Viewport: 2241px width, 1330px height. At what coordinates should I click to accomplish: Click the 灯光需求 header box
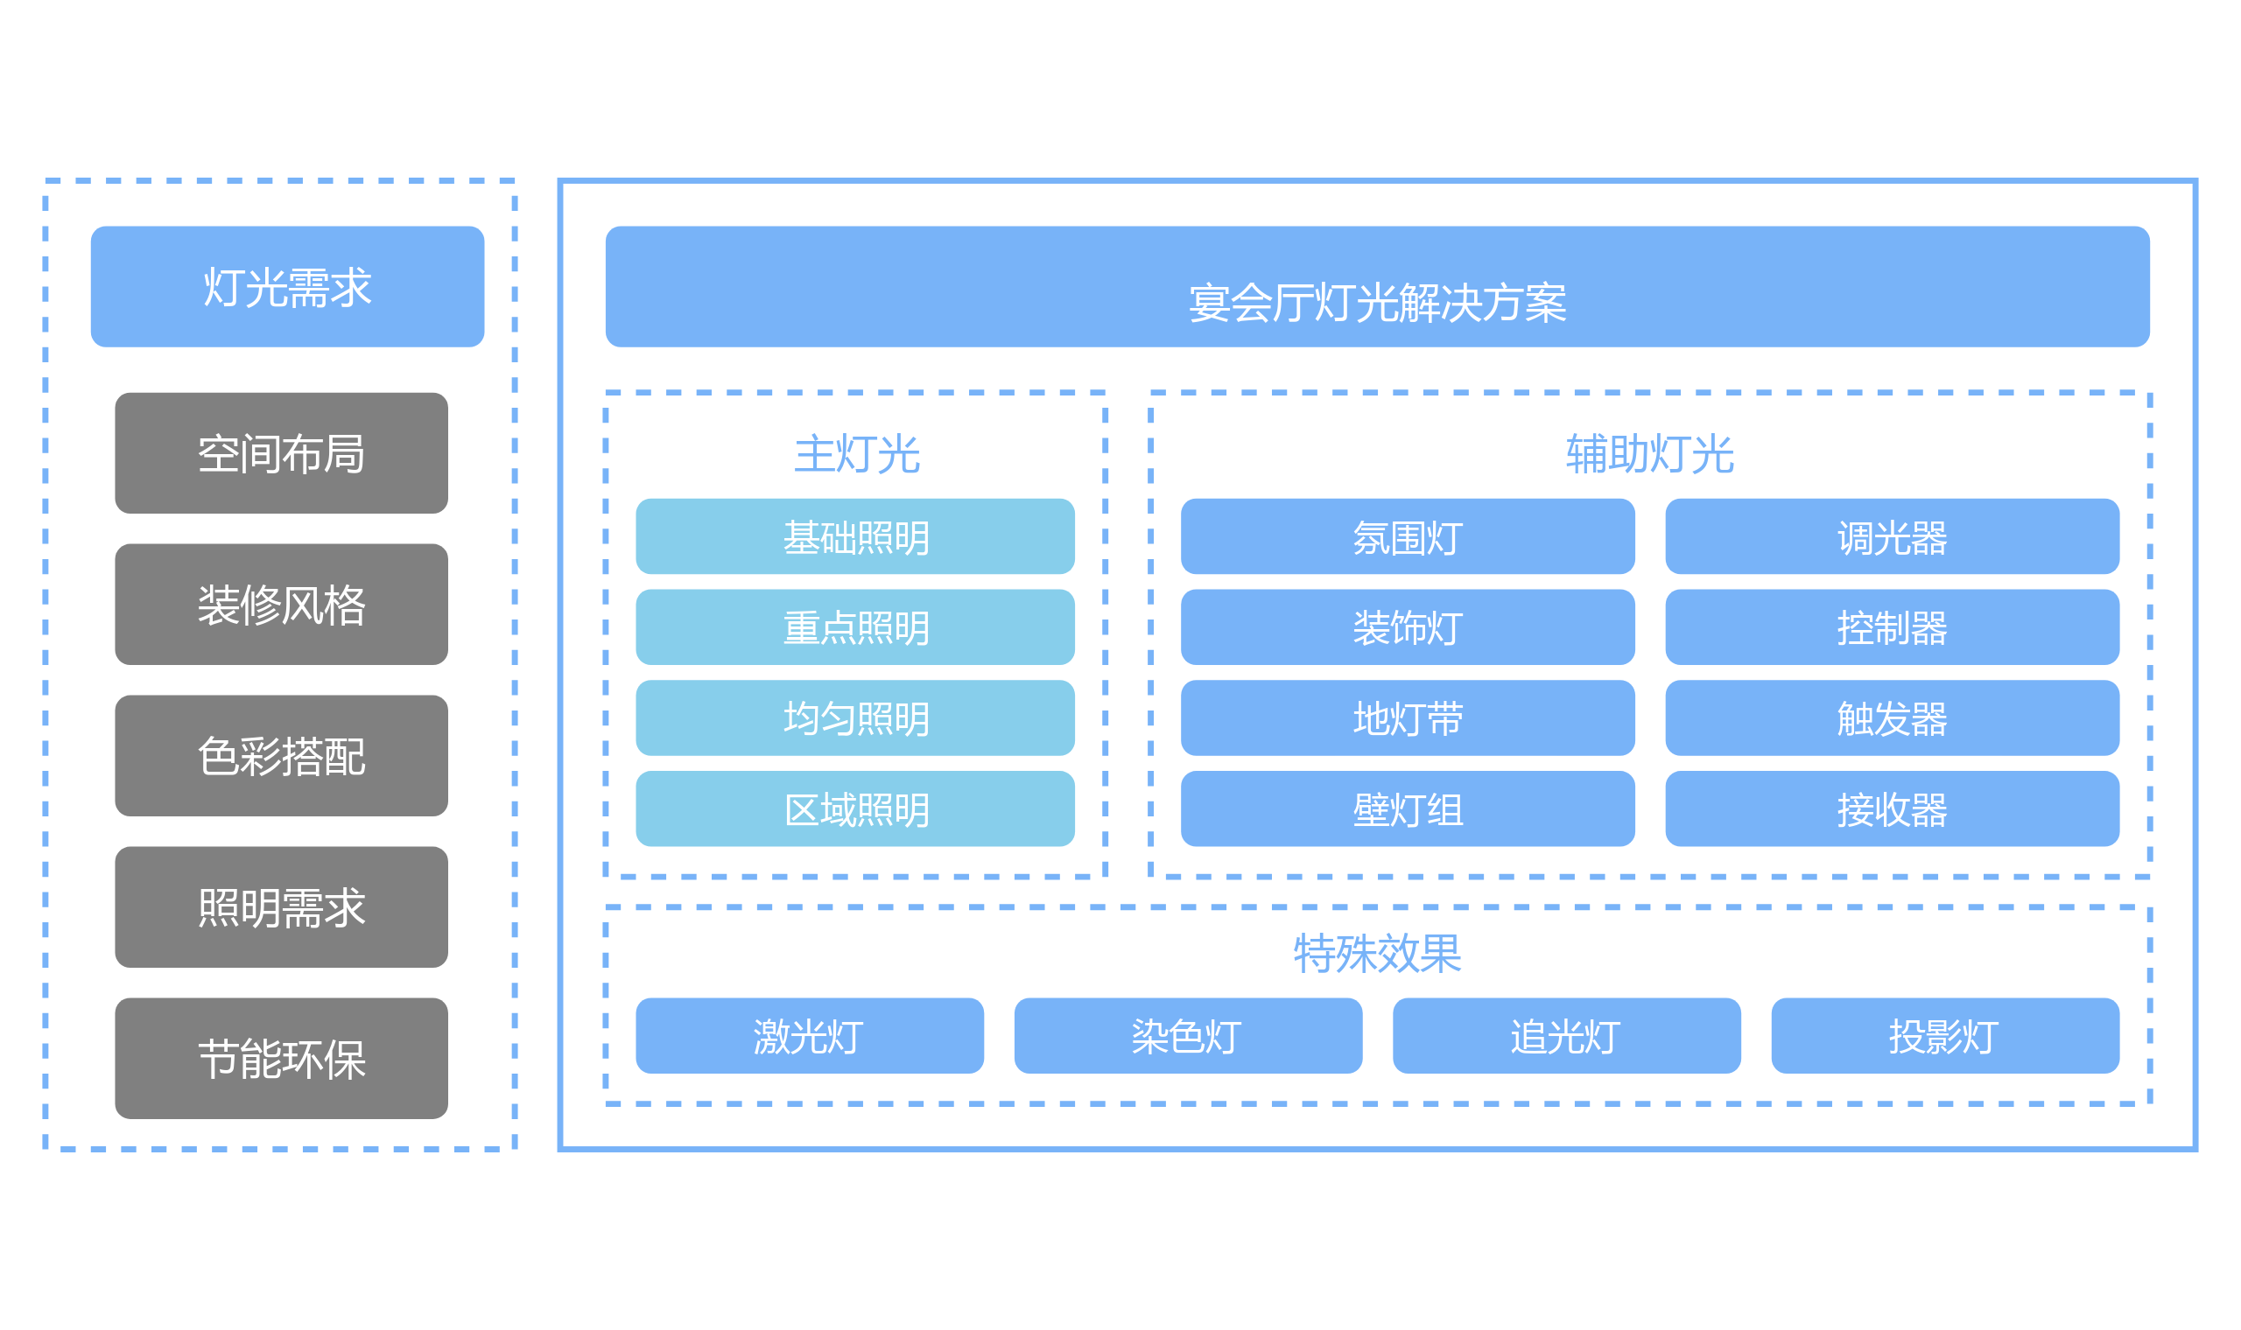287,287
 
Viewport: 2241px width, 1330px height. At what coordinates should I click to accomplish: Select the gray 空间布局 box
282,452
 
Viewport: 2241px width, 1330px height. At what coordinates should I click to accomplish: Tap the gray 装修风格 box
282,604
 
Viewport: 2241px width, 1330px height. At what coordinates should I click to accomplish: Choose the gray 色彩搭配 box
282,755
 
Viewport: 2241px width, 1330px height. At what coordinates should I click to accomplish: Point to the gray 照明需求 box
282,907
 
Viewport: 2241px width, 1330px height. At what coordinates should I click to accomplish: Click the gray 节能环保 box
282,1059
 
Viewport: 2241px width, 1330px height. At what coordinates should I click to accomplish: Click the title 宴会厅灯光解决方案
1378,303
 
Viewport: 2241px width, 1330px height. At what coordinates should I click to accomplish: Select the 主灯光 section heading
857,453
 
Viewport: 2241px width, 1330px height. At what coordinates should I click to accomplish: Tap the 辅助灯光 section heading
1650,453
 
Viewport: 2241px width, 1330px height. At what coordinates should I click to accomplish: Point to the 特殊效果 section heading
1378,953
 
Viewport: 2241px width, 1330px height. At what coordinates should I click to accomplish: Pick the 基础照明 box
855,536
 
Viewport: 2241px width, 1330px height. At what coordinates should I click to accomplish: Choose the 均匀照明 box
855,717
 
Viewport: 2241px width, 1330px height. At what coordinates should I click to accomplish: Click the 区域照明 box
855,808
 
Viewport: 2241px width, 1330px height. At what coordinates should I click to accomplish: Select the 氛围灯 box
1408,536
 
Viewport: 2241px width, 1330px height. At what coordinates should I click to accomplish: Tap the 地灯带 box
1408,717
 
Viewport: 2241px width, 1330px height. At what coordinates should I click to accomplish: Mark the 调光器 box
1893,536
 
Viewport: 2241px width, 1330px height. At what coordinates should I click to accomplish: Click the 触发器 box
1893,717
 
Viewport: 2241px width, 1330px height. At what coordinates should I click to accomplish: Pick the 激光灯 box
810,1036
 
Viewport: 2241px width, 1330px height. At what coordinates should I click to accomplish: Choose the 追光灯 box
1567,1036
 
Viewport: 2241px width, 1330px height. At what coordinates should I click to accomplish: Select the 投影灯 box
1945,1036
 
